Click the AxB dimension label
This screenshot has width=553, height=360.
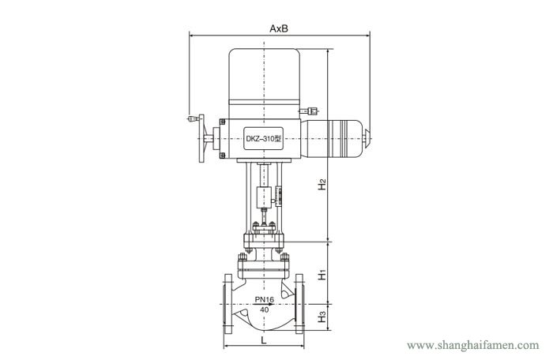coord(279,28)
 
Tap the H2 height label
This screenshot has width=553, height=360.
coord(322,185)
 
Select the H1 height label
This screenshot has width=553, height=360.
coord(322,275)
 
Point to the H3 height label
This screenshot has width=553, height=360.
coord(322,317)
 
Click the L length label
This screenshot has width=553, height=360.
coord(263,340)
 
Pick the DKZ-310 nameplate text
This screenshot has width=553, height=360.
coord(263,139)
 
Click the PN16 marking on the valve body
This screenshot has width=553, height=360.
coord(265,299)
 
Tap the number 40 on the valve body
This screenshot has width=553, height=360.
coord(264,309)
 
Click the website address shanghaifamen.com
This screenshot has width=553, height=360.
coord(473,345)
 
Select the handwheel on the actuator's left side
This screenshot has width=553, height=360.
coord(201,138)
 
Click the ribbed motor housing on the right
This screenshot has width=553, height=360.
coord(332,138)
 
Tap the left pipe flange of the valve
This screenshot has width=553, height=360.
coord(228,304)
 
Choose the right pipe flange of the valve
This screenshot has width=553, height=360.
coord(299,304)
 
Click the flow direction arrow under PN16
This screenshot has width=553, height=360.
coord(265,304)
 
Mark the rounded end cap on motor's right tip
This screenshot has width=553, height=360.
coord(367,138)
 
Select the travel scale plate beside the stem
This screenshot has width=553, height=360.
coord(279,196)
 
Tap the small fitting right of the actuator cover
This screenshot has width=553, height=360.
coord(310,111)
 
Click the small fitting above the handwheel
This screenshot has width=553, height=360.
coord(194,118)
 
